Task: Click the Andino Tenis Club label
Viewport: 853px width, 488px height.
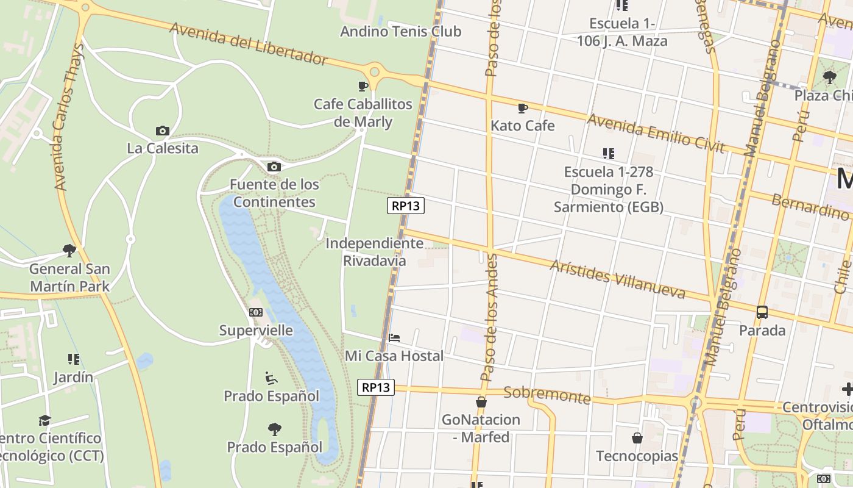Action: (x=400, y=31)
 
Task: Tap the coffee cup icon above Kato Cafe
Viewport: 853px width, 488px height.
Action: (x=522, y=109)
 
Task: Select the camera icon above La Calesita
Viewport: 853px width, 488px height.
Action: (x=162, y=131)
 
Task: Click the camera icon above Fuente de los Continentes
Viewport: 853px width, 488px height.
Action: (x=274, y=167)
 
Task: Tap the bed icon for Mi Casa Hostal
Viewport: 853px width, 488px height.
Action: (x=394, y=338)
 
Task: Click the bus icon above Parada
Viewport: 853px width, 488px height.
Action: (x=762, y=312)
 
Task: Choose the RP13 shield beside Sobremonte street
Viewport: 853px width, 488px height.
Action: (x=375, y=387)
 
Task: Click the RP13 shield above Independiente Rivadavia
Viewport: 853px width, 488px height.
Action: (x=406, y=206)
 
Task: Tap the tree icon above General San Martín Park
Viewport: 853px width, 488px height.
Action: (x=69, y=251)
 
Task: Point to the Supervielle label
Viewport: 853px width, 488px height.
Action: (x=256, y=331)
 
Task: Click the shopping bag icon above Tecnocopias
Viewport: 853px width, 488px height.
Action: (x=637, y=438)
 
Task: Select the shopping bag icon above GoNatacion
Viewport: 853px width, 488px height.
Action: (x=481, y=402)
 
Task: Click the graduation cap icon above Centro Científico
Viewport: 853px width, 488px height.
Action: (x=44, y=420)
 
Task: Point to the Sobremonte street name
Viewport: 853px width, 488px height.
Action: (x=547, y=395)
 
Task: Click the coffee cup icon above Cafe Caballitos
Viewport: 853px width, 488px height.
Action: (x=363, y=86)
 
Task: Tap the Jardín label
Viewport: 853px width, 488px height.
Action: (x=73, y=377)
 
